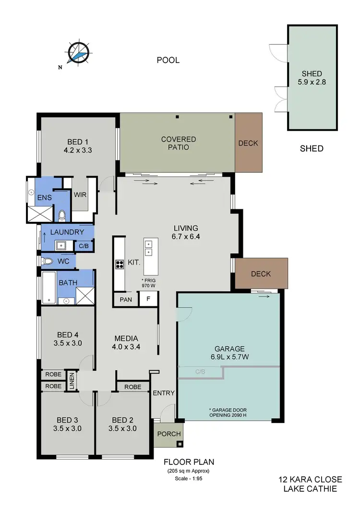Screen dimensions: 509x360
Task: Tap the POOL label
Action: pos(168,60)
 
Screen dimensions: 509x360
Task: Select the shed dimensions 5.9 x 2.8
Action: pos(312,82)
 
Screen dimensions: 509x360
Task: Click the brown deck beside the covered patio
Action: pos(248,143)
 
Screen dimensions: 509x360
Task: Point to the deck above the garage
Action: pos(261,274)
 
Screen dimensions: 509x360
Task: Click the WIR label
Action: pos(80,194)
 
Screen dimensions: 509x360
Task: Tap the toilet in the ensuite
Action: pos(62,214)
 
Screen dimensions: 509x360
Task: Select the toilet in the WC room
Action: pos(47,261)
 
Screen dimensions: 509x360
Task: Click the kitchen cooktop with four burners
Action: pos(119,264)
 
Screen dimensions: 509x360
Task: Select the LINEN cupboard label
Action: pos(72,380)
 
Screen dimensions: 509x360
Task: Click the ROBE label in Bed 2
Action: pos(132,387)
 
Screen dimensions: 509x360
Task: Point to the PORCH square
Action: pos(169,434)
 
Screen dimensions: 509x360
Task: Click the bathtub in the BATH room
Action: pos(48,287)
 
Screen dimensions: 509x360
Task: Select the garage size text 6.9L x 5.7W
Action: pos(229,357)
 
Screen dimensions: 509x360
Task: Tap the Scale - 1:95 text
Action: pos(189,478)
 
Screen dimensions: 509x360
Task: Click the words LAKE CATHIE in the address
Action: pos(310,488)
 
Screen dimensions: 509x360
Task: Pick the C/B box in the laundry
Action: pos(84,246)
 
